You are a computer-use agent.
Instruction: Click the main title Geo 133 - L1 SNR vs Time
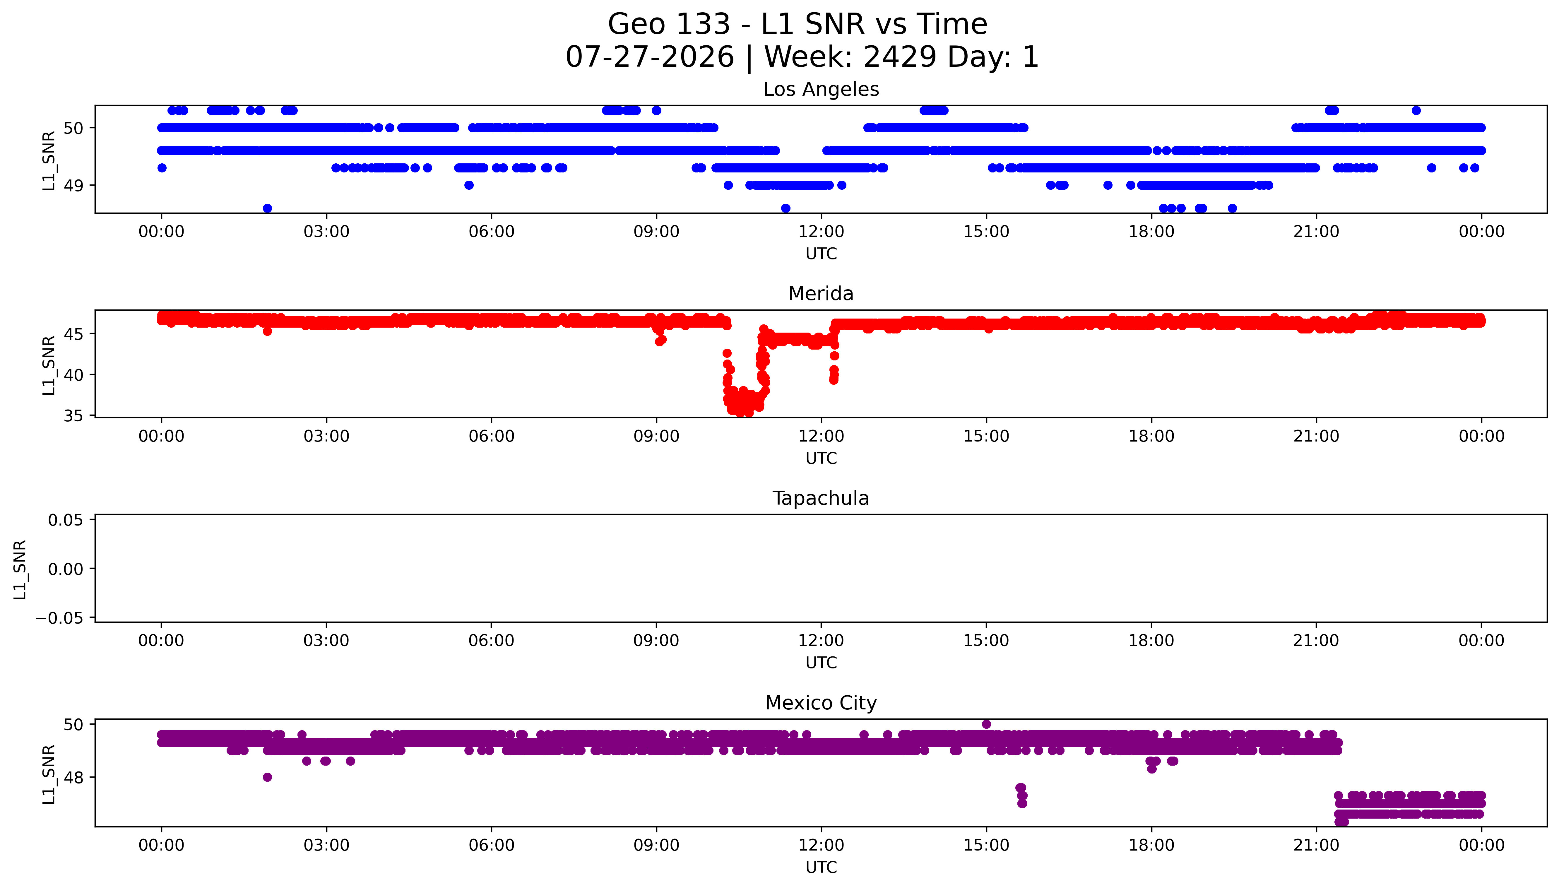(798, 24)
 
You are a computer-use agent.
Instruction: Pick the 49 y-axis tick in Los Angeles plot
(74, 185)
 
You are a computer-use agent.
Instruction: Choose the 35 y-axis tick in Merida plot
(74, 416)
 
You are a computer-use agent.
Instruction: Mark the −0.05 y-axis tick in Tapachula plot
(60, 618)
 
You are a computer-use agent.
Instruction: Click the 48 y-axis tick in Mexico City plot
(74, 778)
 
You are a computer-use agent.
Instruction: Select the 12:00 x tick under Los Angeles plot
(821, 232)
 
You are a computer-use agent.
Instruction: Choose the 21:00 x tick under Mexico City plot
(1316, 845)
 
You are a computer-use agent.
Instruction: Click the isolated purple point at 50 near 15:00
(987, 724)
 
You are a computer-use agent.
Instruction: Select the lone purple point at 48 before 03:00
(267, 777)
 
